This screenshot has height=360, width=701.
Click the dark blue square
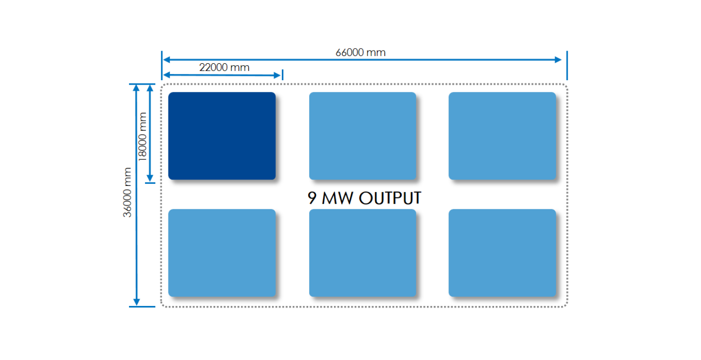(x=222, y=136)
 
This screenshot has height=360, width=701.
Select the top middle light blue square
(x=363, y=136)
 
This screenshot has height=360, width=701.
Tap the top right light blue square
(x=502, y=136)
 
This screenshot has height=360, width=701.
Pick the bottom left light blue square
(x=222, y=252)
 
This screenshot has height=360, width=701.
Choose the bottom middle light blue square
(x=363, y=252)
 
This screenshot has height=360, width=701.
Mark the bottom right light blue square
(x=502, y=252)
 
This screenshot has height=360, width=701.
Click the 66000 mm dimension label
(x=360, y=52)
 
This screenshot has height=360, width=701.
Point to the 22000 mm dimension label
(x=224, y=67)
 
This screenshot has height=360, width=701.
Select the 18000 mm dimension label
(x=142, y=136)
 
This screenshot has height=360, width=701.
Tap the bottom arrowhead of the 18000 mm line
(x=150, y=179)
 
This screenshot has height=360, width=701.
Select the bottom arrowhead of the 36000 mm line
(x=137, y=302)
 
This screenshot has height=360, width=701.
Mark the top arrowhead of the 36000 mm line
(x=136, y=88)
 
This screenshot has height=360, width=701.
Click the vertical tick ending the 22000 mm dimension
(x=282, y=75)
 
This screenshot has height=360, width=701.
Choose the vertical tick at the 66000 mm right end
(x=567, y=65)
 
